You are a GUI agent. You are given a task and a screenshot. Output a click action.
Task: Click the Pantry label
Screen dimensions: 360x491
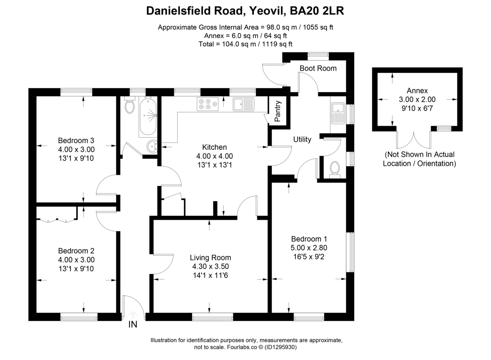point(278,111)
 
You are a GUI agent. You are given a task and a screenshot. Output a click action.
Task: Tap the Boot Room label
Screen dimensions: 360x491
point(318,68)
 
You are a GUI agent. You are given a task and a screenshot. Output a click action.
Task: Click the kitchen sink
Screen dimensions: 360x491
point(243,104)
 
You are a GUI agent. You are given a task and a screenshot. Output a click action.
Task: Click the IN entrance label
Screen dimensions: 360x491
point(133,325)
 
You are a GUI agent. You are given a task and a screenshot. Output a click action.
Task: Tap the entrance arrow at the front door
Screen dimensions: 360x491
point(133,314)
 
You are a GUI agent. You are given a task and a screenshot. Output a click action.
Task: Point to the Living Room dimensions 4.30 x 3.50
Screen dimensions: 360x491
point(210,267)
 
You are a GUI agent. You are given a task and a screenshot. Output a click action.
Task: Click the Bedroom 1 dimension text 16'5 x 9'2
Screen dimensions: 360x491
point(309,257)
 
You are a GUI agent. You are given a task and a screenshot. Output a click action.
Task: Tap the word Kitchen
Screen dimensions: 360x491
point(214,147)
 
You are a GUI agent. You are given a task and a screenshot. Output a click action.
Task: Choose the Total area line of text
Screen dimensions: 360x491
point(248,44)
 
